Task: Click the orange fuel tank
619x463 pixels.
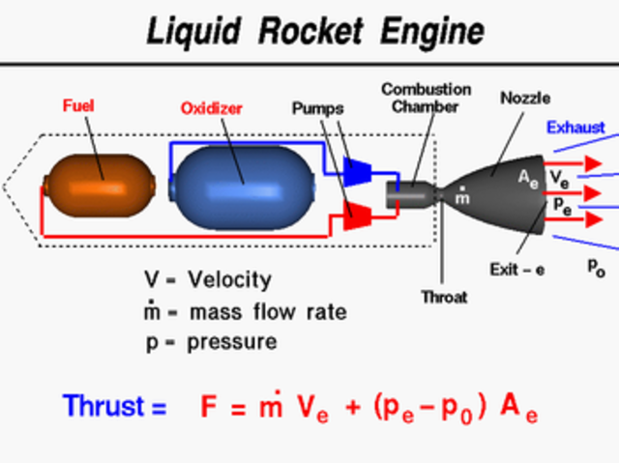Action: [x=100, y=181]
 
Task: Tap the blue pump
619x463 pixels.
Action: [x=357, y=171]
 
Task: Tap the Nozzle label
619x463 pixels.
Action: [x=524, y=98]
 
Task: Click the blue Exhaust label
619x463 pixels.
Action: [x=575, y=127]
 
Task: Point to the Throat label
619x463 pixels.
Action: [x=444, y=297]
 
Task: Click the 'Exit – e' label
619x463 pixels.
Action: [x=516, y=270]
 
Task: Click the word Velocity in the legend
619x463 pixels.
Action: [x=230, y=280]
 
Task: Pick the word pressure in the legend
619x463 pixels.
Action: [x=233, y=342]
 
